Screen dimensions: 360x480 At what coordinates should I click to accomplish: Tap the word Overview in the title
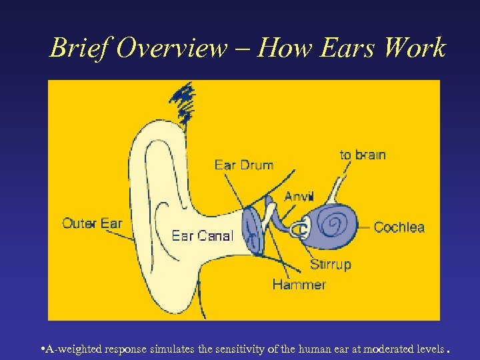[171, 48]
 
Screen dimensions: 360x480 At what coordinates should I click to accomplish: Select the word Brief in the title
[79, 48]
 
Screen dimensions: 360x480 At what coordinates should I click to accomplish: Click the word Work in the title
[413, 48]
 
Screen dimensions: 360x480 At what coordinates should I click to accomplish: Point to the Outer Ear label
[92, 223]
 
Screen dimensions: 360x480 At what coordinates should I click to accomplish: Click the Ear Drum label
[244, 165]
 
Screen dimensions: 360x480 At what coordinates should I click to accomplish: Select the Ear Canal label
[203, 235]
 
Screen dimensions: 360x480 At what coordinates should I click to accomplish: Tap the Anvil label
[299, 196]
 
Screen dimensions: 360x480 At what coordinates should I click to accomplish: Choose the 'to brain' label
[363, 155]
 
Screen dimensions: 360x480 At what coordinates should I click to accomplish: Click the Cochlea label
[399, 227]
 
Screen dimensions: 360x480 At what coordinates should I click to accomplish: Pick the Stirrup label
[330, 265]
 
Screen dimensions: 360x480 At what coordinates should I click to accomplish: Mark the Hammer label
[299, 285]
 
